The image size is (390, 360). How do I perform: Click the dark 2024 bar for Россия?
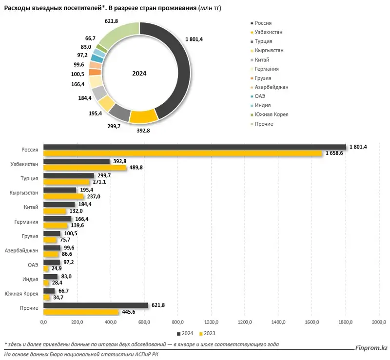pos(195,147)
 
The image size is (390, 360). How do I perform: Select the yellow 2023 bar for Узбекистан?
pos(85,168)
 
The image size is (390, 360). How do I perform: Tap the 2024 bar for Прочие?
pos(96,305)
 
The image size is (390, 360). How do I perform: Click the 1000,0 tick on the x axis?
pos(212,322)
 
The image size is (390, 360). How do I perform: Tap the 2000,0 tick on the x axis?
pos(379,322)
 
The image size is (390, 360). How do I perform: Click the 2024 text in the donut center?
pos(139,73)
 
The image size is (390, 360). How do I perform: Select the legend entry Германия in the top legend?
pos(266,69)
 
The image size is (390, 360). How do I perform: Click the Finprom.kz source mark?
pos(371,347)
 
